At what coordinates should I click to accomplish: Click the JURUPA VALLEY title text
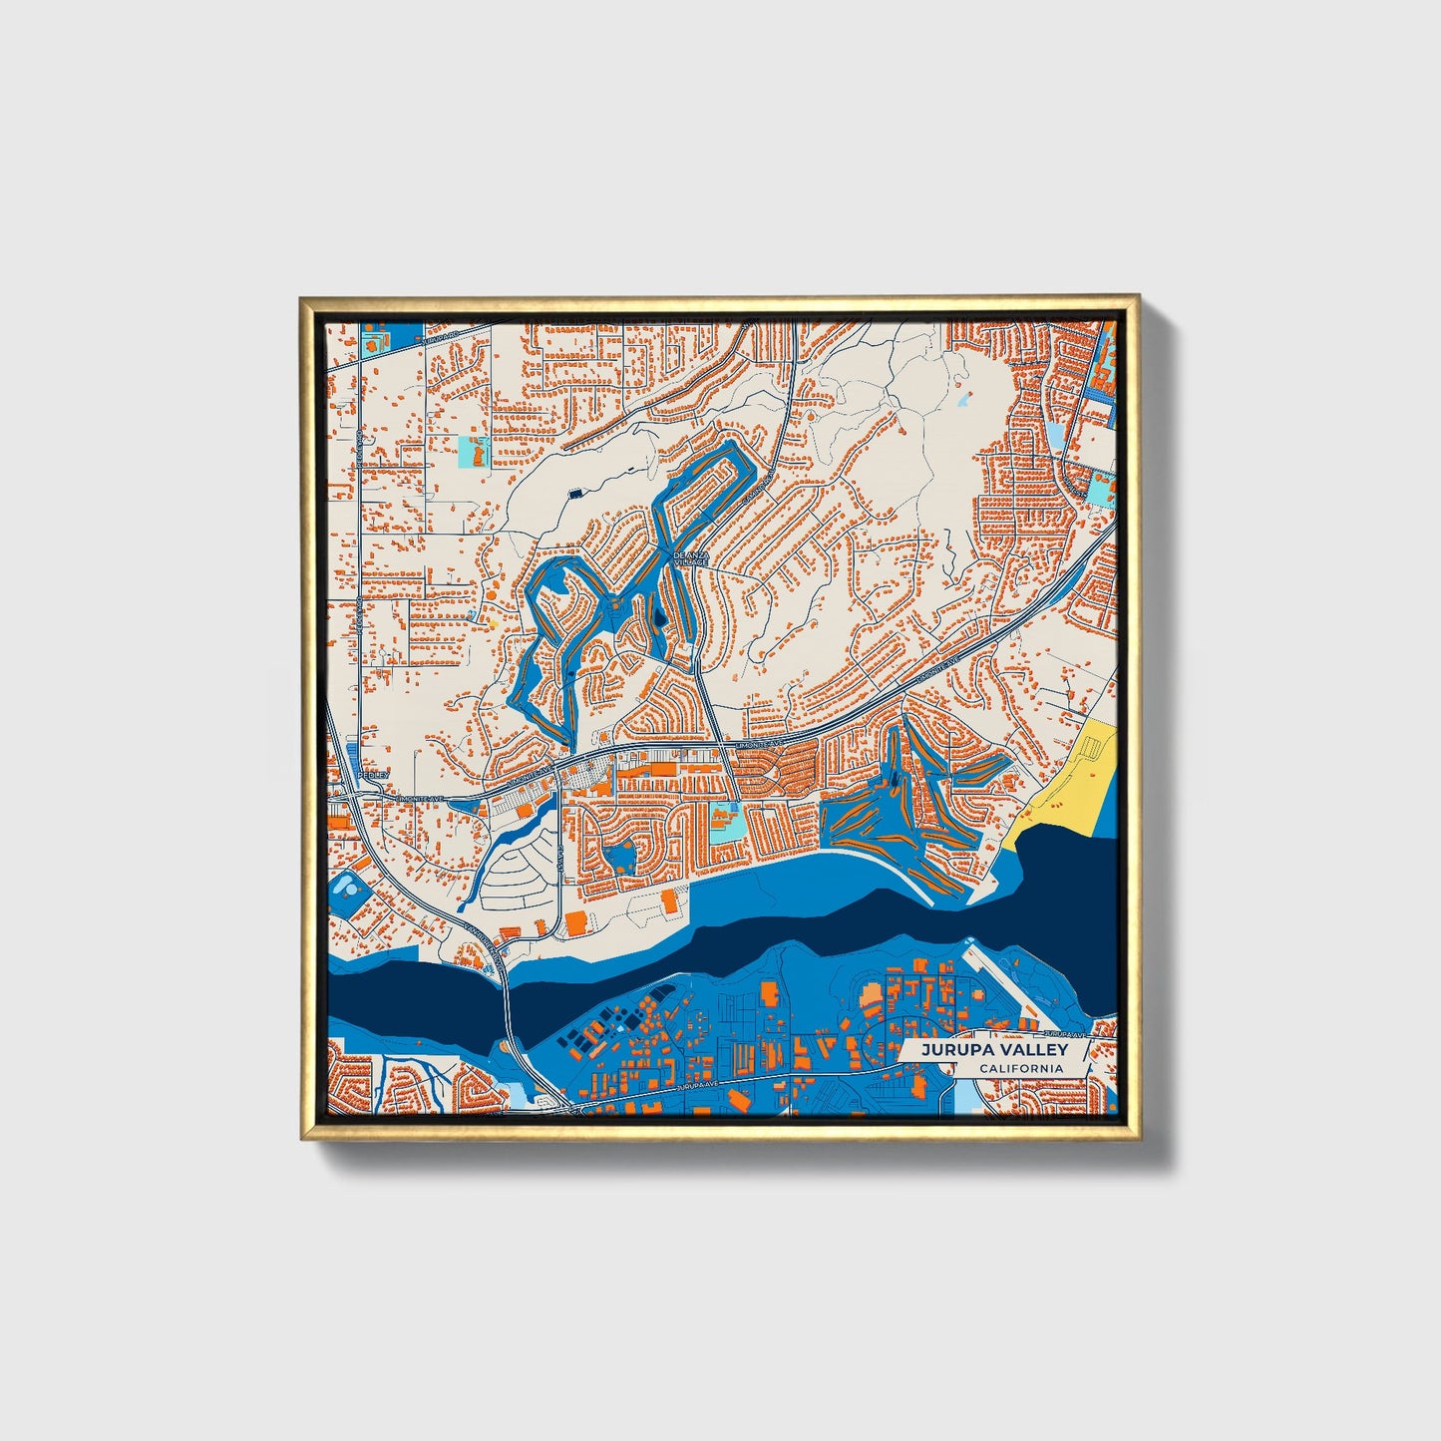point(993,1050)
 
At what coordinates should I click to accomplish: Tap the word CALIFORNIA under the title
point(1020,1069)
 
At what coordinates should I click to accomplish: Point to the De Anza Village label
point(690,558)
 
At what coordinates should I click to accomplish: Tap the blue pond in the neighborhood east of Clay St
point(621,855)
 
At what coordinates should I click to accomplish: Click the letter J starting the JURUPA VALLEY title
point(924,1050)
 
